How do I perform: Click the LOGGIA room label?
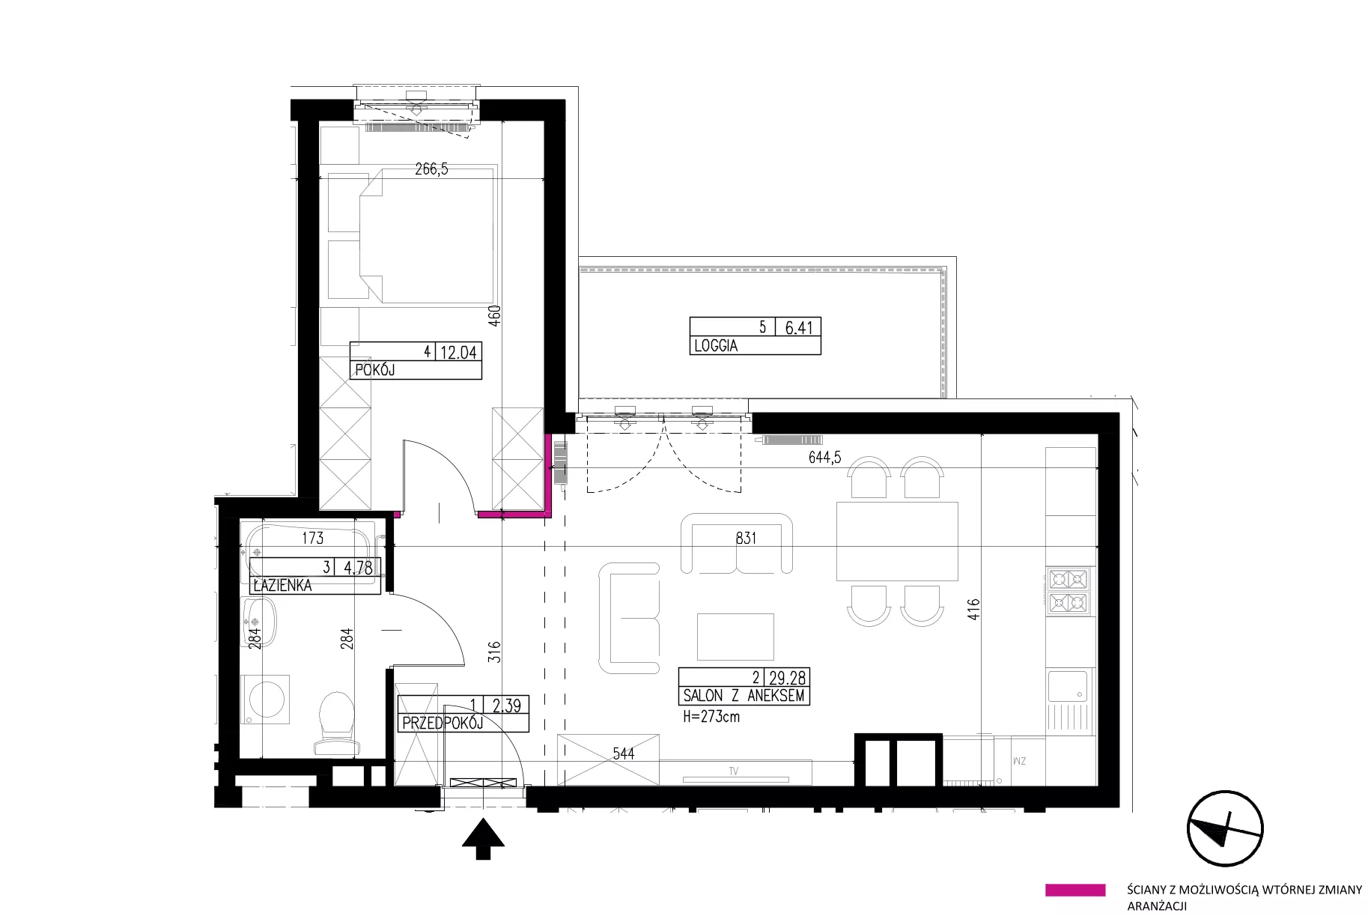click(x=716, y=346)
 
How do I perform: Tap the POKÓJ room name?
click(x=374, y=370)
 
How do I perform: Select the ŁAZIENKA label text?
click(x=283, y=586)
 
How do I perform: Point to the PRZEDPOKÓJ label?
click(x=443, y=724)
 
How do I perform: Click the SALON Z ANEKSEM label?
click(x=744, y=696)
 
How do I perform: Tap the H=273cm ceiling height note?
click(x=712, y=716)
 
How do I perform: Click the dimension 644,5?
click(x=824, y=458)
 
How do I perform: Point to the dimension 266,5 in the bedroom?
click(x=431, y=169)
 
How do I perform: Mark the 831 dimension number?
click(x=746, y=538)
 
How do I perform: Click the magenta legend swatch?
click(x=1075, y=890)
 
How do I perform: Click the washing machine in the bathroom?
click(x=264, y=698)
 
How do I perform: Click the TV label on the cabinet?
click(x=736, y=770)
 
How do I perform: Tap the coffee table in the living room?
click(x=735, y=636)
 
